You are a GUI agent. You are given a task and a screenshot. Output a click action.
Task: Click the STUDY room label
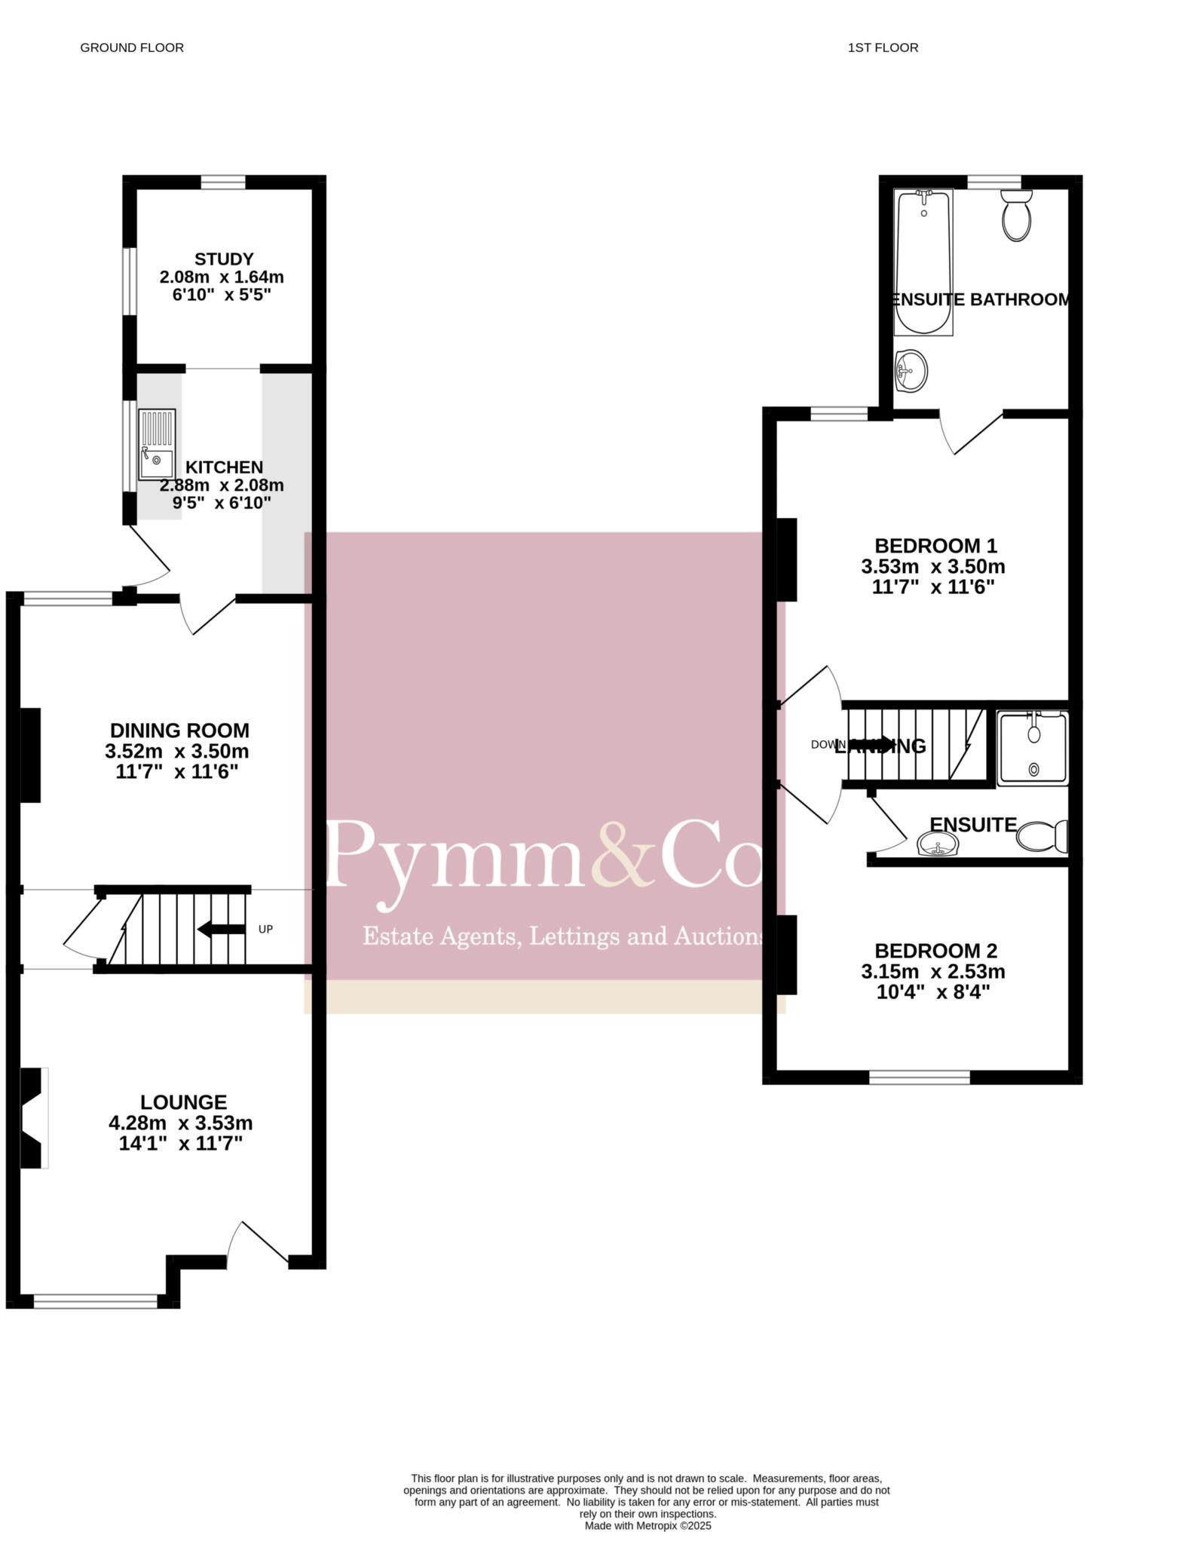[x=223, y=259]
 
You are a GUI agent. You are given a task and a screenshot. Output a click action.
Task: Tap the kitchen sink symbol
[x=156, y=445]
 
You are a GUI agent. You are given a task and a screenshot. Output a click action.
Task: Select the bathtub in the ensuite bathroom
[x=923, y=262]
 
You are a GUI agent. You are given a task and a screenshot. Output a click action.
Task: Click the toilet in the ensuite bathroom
[x=1016, y=216]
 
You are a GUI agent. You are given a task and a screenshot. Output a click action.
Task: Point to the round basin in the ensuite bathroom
[x=911, y=370]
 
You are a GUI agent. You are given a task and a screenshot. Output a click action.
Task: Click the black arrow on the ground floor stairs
[x=221, y=929]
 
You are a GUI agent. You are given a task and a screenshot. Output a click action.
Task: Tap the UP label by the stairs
[x=265, y=929]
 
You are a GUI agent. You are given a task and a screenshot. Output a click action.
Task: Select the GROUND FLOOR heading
[x=132, y=47]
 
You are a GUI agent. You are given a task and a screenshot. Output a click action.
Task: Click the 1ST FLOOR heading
[x=883, y=47]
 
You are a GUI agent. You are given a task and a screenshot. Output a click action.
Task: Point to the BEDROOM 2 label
[x=935, y=951]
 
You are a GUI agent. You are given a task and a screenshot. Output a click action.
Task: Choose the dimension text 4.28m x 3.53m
[x=181, y=1123]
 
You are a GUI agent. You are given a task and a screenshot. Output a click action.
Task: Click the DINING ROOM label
[x=179, y=730]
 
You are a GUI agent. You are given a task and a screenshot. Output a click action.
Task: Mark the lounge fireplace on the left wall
[x=33, y=1118]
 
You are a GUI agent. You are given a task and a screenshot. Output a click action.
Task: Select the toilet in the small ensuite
[x=1042, y=837]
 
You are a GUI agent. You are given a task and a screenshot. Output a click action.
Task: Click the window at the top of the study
[x=223, y=182]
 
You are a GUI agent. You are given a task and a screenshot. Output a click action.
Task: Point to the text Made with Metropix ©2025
[x=648, y=1525]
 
